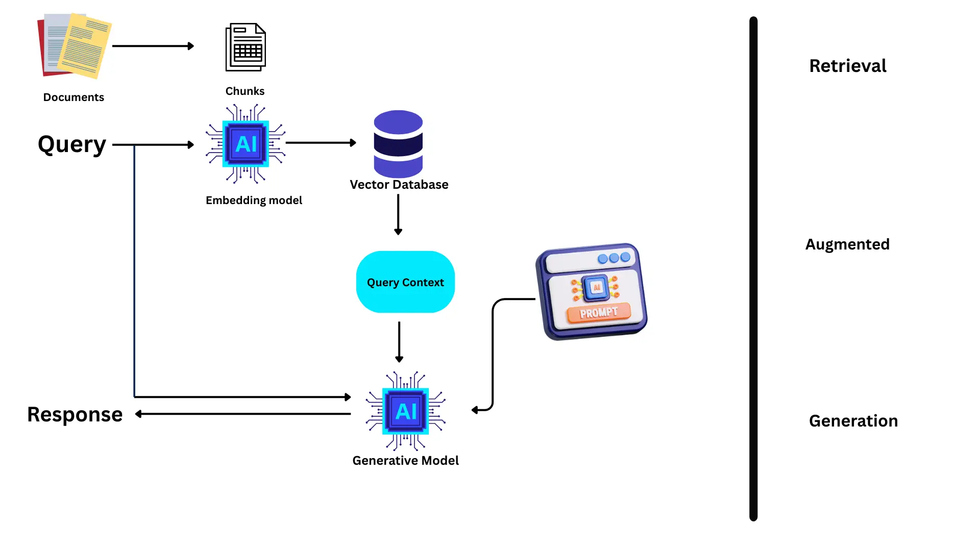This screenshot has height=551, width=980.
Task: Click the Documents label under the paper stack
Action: pos(73,97)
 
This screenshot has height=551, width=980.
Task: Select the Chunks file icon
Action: pos(246,47)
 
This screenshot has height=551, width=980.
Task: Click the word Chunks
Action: pos(245,91)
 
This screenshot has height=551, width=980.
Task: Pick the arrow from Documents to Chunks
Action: pos(153,46)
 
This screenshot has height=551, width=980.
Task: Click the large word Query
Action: pos(72,144)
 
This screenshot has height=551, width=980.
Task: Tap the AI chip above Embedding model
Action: pos(246,144)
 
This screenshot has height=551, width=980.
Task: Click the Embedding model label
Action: pos(254,201)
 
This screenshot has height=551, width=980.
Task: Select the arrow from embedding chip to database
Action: pos(321,143)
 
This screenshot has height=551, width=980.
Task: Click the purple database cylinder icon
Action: pos(398,143)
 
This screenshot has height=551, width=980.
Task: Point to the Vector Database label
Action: pos(399,185)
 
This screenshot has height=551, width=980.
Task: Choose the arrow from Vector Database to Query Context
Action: pos(398,214)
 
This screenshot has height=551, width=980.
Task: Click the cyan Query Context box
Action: pos(405,282)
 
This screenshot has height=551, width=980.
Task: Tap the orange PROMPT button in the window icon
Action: pos(598,313)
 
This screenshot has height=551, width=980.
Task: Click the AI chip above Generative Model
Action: pos(406,411)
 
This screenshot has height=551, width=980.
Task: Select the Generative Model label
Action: pos(405,461)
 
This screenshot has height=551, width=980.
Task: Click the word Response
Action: pos(75,414)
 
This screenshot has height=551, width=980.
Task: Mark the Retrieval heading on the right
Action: pos(848,66)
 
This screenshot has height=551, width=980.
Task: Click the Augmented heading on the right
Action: pos(847,244)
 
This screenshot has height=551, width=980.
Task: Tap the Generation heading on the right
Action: pos(853,421)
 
